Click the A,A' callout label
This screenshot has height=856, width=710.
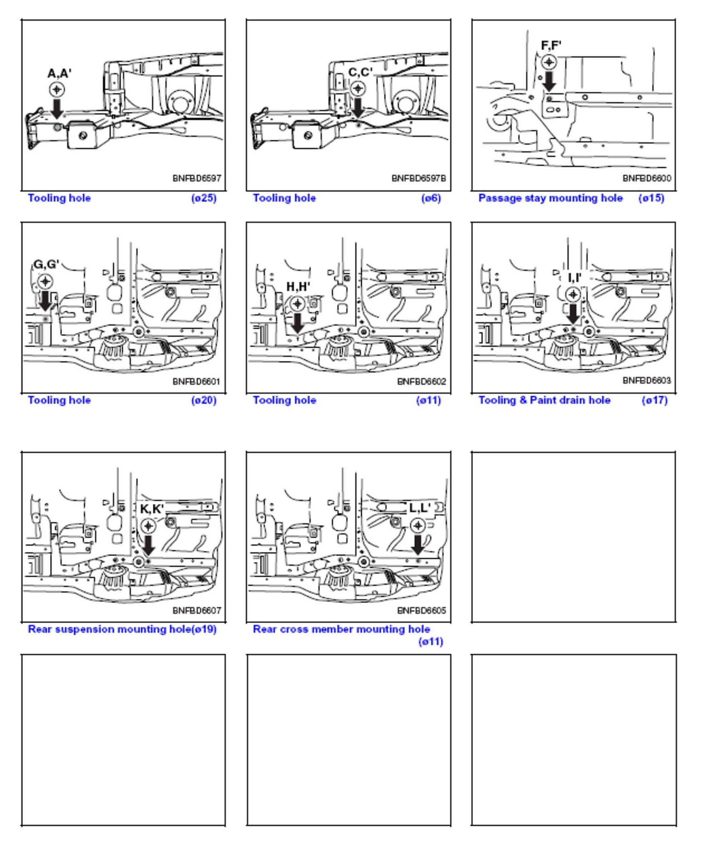point(60,74)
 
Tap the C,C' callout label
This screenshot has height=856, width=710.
point(360,73)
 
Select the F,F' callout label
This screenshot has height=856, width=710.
point(551,45)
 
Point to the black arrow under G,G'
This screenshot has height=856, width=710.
point(45,301)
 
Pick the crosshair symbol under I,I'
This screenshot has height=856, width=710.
point(574,294)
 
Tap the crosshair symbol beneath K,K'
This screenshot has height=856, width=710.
point(148,526)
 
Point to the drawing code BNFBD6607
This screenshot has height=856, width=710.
point(197,610)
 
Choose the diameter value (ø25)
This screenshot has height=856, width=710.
point(204,198)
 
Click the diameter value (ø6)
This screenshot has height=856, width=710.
point(431,198)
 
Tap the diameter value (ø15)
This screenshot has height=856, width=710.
point(651,198)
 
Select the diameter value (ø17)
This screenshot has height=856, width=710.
point(655,400)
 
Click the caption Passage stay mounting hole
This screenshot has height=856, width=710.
point(550,198)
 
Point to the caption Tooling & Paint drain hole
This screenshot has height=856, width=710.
point(544,400)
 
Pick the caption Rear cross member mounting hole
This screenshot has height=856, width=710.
point(341,629)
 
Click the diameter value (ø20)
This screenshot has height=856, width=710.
point(204,400)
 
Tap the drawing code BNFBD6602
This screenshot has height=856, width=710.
point(421,381)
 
